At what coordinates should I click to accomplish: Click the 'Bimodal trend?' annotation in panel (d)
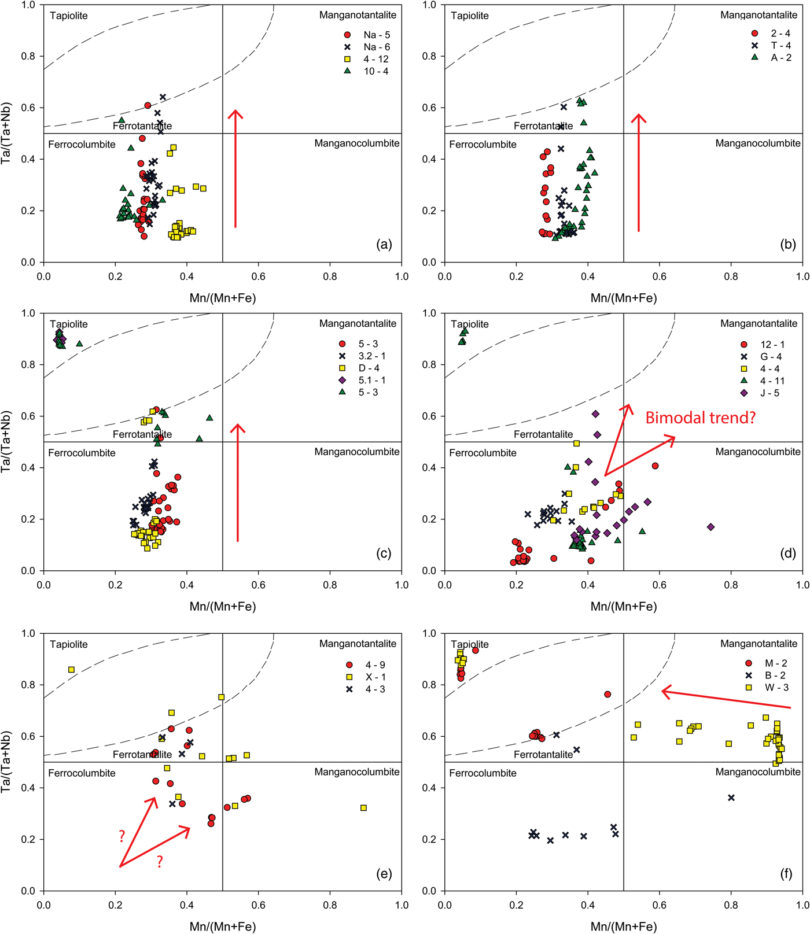(x=700, y=418)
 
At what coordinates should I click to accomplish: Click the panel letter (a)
(x=384, y=245)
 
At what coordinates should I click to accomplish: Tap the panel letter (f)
(x=786, y=873)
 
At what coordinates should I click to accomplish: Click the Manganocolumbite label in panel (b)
(x=757, y=143)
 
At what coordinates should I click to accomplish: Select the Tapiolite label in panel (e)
(x=69, y=644)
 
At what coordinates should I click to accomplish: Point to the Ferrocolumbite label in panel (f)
(x=483, y=773)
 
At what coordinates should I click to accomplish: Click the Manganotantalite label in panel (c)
(x=358, y=324)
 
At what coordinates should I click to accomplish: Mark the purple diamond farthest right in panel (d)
(x=710, y=527)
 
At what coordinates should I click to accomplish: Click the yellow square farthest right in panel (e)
(x=363, y=808)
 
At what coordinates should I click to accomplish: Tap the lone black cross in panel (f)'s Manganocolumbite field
(x=731, y=798)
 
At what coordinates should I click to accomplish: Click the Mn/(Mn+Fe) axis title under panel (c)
(x=223, y=607)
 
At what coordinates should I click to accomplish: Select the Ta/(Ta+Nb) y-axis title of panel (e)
(x=7, y=762)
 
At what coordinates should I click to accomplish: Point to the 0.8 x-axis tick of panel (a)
(x=330, y=276)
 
